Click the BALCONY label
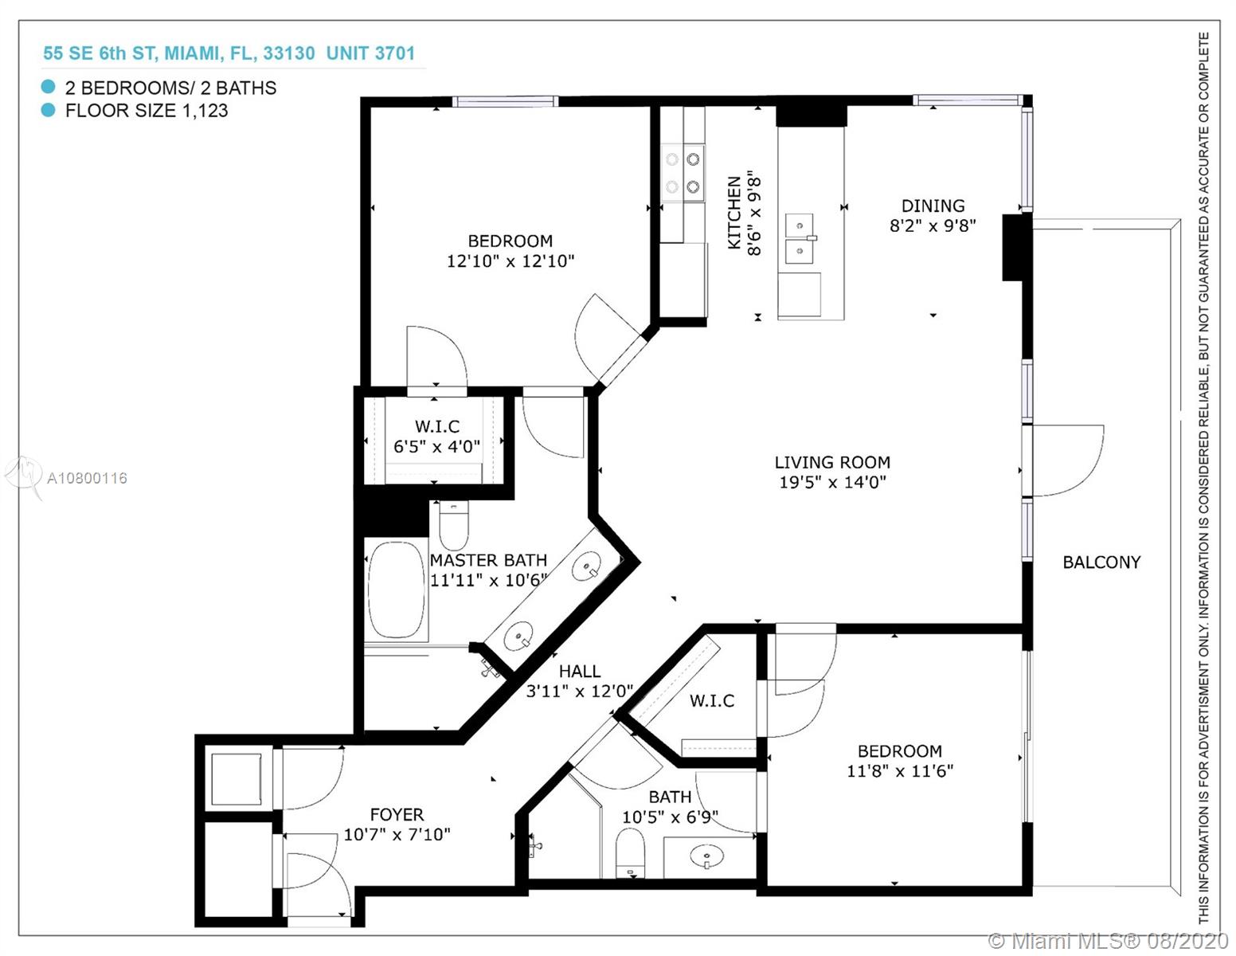[1101, 562]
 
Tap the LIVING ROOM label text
[832, 462]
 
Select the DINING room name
[933, 206]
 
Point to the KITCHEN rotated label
[734, 212]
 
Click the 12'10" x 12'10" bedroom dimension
[510, 261]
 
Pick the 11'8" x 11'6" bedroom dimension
[900, 770]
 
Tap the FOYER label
[397, 814]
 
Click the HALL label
[580, 671]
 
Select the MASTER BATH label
[488, 560]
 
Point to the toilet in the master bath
[453, 524]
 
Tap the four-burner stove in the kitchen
[683, 172]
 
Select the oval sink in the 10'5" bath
[706, 856]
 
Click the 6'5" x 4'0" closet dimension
[437, 446]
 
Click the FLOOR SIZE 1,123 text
[147, 110]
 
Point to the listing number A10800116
[87, 478]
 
